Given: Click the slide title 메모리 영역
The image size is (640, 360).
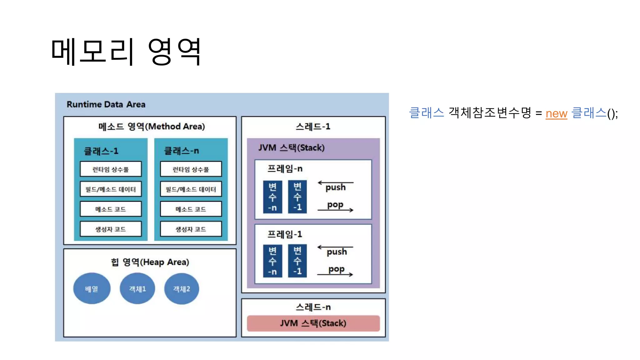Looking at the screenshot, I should pyautogui.click(x=126, y=52).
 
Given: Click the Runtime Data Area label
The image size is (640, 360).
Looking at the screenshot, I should pyautogui.click(x=106, y=104).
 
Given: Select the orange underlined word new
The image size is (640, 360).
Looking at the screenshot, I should pyautogui.click(x=556, y=113).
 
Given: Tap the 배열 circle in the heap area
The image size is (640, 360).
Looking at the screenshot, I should pyautogui.click(x=92, y=289).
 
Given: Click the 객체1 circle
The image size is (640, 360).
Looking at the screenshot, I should pyautogui.click(x=137, y=289).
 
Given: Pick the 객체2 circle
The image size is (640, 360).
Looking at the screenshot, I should pyautogui.click(x=182, y=289).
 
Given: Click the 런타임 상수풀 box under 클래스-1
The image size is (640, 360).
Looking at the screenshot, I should pyautogui.click(x=111, y=169).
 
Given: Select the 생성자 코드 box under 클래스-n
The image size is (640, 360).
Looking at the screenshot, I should pyautogui.click(x=191, y=229).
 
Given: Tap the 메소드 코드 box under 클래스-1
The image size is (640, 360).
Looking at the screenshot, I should pyautogui.click(x=111, y=209).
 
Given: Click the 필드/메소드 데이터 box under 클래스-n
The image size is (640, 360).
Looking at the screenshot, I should pyautogui.click(x=191, y=189).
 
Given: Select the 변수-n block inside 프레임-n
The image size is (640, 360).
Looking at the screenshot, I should pyautogui.click(x=272, y=197).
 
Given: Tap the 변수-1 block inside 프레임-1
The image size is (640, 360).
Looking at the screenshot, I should pyautogui.click(x=297, y=261).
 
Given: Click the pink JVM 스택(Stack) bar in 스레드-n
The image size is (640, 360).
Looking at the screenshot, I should pyautogui.click(x=313, y=323).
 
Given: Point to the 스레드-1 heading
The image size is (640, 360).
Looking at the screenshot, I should pyautogui.click(x=313, y=127).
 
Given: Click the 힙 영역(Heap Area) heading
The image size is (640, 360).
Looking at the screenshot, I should pyautogui.click(x=150, y=262).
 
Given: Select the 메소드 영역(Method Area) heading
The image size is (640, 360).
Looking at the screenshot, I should pyautogui.click(x=152, y=127).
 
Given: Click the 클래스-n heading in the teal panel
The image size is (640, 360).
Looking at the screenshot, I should pyautogui.click(x=182, y=151).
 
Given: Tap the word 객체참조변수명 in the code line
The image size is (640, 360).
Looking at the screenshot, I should pyautogui.click(x=490, y=113).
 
